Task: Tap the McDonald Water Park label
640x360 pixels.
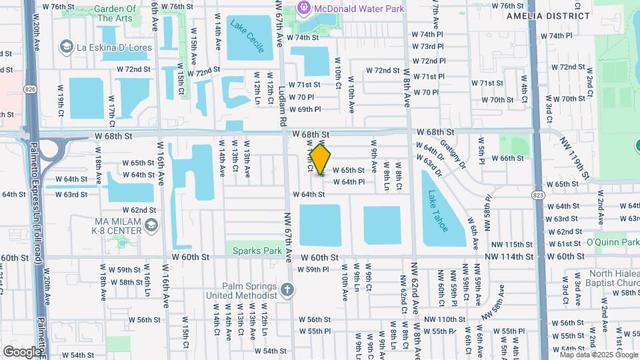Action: pos(359,8)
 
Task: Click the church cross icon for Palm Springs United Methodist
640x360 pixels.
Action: pos(287,289)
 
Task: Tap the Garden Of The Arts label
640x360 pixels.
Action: pos(115,13)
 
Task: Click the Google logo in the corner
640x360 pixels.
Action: pos(21,351)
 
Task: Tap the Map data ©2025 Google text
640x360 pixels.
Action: pos(599,355)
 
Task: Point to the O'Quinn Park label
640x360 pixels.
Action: pos(613,243)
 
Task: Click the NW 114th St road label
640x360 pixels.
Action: pos(509,257)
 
